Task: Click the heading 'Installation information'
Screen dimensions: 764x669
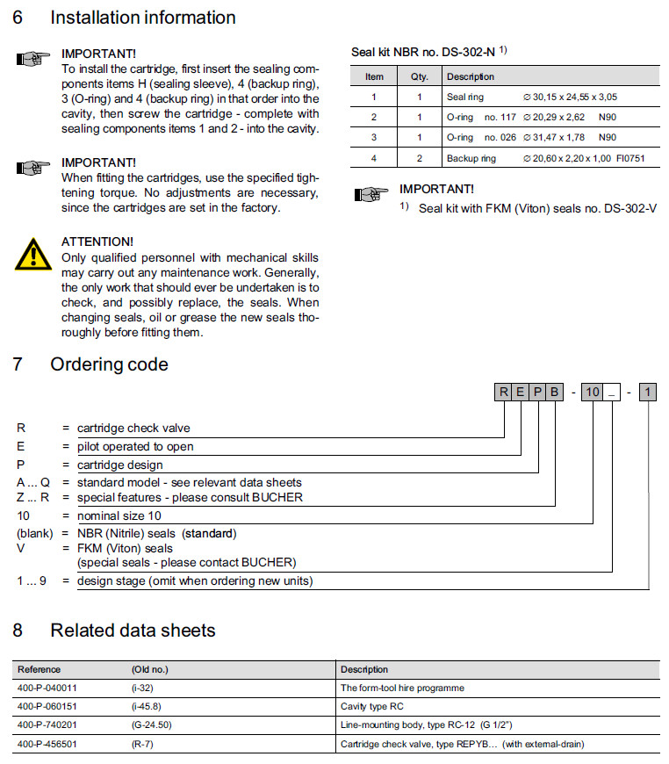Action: coord(142,18)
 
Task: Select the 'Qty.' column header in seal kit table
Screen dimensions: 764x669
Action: coord(419,77)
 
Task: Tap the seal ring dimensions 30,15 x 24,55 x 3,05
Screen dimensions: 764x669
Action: coord(570,97)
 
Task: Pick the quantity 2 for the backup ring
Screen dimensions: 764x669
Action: coord(419,159)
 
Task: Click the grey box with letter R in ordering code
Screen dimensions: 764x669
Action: coord(503,393)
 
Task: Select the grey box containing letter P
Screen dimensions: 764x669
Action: coord(537,393)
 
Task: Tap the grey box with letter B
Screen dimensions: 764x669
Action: coord(554,393)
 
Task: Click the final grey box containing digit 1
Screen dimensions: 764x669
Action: coord(647,393)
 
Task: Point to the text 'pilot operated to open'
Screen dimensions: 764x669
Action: coord(135,446)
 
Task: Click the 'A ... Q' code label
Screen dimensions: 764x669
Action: coord(34,482)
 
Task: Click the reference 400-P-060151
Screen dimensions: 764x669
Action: coord(48,706)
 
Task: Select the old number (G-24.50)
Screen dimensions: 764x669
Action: coord(152,725)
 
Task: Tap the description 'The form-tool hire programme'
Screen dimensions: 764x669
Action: coord(402,688)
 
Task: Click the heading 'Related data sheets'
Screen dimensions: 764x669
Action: coord(133,631)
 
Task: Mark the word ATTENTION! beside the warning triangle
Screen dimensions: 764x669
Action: coord(97,241)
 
